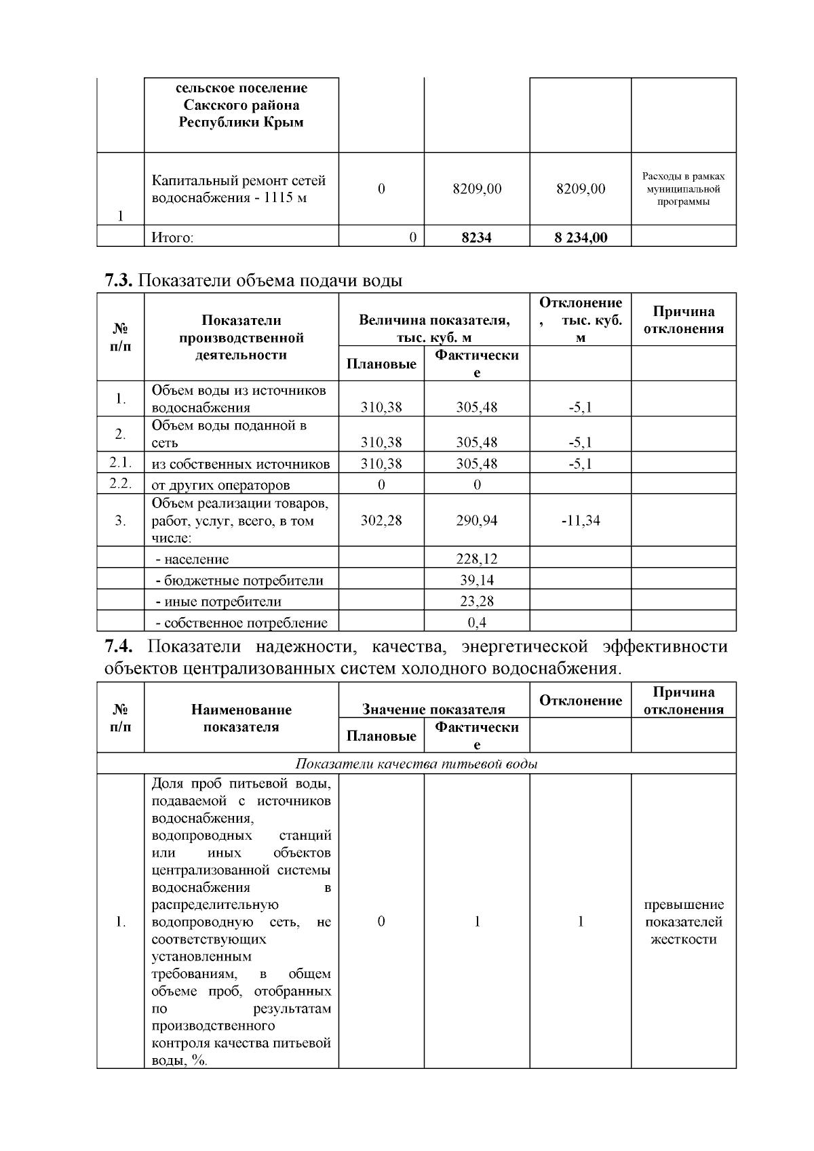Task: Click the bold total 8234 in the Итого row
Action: click(x=476, y=237)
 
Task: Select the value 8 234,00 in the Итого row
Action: click(x=580, y=237)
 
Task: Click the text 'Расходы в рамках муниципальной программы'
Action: click(x=683, y=189)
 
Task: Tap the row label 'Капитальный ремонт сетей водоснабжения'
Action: click(x=239, y=189)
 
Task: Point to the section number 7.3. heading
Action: click(x=120, y=280)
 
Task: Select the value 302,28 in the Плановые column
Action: click(x=381, y=520)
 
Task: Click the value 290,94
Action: click(x=476, y=520)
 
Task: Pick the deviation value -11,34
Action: click(x=580, y=520)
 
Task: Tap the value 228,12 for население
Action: click(x=476, y=559)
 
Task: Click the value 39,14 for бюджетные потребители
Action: click(x=476, y=580)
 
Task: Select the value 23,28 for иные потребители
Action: click(x=476, y=601)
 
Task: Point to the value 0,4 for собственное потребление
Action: click(x=476, y=622)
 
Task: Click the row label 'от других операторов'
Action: click(x=220, y=485)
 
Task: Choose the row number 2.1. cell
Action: click(x=120, y=463)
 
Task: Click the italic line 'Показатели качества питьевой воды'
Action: click(x=416, y=764)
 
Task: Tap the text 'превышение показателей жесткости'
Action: click(x=683, y=922)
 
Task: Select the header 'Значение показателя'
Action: click(x=433, y=709)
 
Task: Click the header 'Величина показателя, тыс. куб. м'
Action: click(x=433, y=328)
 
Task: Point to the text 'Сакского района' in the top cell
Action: click(x=241, y=105)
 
